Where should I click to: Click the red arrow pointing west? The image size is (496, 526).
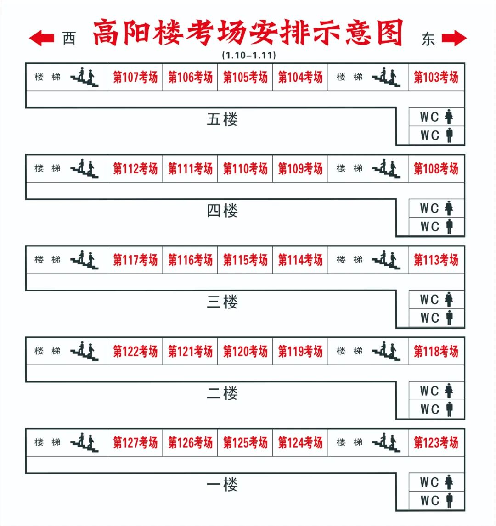[x=42, y=38]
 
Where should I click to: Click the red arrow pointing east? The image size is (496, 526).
[x=454, y=38]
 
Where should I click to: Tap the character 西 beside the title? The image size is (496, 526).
[x=69, y=39]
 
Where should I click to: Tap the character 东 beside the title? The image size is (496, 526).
[x=428, y=39]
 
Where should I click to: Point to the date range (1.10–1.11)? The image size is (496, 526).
[x=248, y=56]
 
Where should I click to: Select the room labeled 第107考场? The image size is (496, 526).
[x=135, y=77]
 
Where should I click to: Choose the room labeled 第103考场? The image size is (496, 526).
[x=436, y=77]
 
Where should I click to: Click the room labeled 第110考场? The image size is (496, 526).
[x=245, y=168]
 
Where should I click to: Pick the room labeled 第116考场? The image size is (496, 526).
[x=190, y=260]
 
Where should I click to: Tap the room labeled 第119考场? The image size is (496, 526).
[x=300, y=351]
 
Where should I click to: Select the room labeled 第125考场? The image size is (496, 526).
[x=245, y=442]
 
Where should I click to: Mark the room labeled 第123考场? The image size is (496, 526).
[x=436, y=442]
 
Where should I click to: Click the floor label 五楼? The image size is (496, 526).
[x=222, y=120]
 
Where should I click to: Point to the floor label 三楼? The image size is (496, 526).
[x=222, y=302]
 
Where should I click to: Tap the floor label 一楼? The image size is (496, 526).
[x=222, y=485]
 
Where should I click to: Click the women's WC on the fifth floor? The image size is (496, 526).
[x=436, y=117]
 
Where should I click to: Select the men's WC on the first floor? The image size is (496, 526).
[x=436, y=500]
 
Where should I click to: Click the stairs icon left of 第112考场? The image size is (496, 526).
[x=85, y=168]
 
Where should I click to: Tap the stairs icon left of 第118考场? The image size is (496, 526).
[x=387, y=351]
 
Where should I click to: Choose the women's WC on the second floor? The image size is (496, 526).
[x=436, y=391]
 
